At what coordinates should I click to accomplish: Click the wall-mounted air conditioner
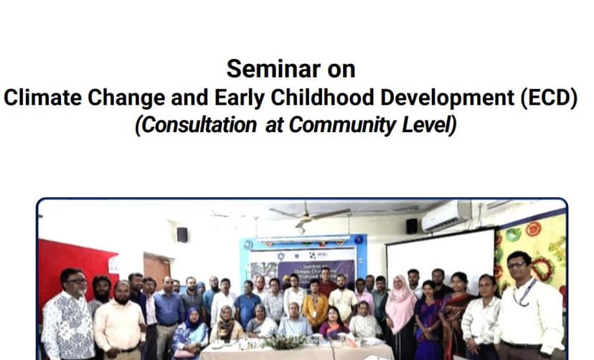point(445,216)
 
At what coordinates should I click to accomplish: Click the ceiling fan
point(310,213)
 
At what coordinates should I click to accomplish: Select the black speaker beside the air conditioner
point(412,225)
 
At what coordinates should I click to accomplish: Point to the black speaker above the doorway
point(181,235)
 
